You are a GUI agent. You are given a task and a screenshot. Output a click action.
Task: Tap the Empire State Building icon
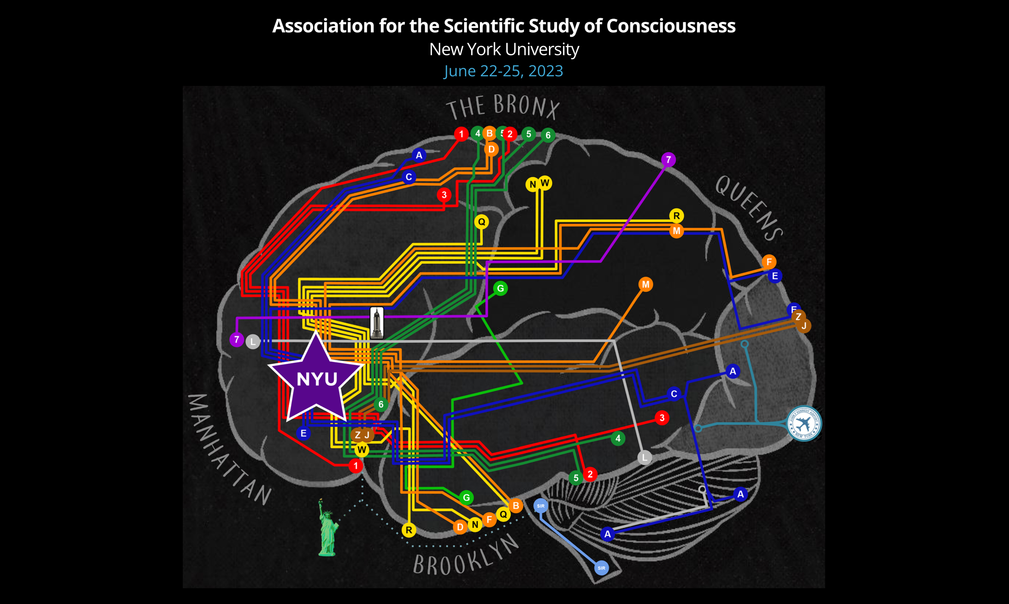coord(377,323)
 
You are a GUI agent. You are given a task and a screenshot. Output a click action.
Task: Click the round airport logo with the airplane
coord(804,424)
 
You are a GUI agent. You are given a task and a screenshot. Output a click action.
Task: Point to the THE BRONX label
coord(503,106)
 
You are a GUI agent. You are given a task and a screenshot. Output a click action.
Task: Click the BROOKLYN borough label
coord(466,556)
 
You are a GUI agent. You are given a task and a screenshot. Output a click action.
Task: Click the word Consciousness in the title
coord(671,26)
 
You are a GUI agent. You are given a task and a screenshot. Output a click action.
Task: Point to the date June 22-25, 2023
coord(504,71)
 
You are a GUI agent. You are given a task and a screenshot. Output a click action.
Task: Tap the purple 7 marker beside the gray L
coord(237,340)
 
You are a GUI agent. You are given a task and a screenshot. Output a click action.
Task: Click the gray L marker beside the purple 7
coord(253,342)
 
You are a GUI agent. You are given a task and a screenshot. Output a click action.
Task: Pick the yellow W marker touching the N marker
coord(545,183)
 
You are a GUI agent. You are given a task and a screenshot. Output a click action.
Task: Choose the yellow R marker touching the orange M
coord(676,216)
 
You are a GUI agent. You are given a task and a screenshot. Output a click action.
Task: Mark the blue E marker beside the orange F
coord(775,276)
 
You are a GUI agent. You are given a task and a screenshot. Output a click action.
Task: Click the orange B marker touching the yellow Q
coord(516,505)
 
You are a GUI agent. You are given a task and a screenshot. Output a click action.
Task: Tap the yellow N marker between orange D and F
coord(475,524)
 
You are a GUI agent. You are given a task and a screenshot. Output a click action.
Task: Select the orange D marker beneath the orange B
coord(492,149)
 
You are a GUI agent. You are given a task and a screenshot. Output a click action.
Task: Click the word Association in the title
coord(323,26)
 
